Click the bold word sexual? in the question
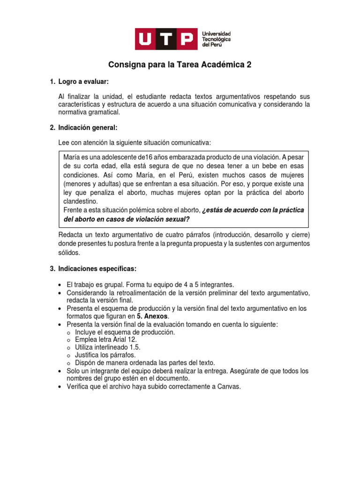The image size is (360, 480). [177, 219]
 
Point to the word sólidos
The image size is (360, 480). [69, 252]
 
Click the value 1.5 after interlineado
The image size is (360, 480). [134, 347]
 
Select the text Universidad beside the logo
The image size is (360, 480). [216, 34]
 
